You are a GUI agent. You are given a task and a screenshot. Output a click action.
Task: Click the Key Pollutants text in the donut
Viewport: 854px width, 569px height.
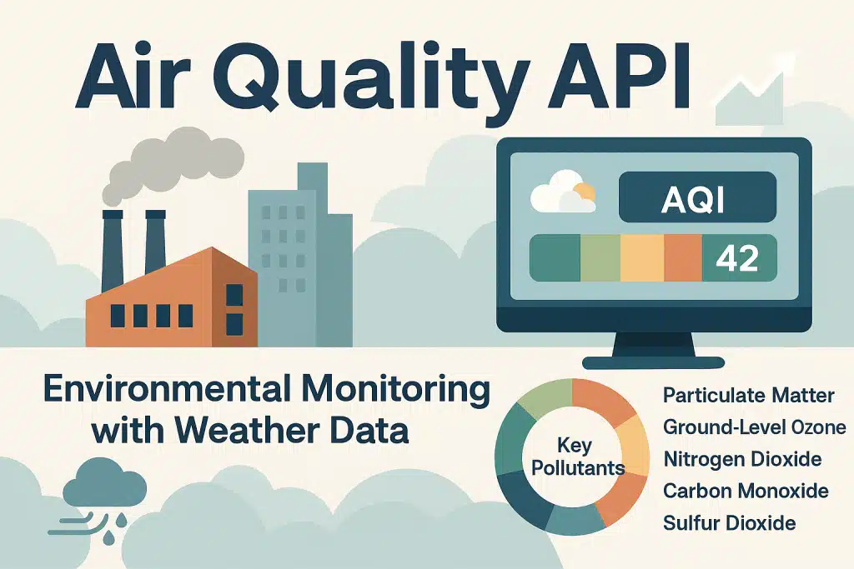578,458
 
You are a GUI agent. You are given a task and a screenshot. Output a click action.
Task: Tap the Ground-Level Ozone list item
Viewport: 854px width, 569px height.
754,427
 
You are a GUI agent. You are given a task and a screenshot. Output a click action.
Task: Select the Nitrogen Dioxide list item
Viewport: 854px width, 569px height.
742,459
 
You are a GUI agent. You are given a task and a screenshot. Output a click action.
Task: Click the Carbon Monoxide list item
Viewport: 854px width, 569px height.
746,491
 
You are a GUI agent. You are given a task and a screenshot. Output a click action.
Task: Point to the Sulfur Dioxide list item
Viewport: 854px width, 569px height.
729,523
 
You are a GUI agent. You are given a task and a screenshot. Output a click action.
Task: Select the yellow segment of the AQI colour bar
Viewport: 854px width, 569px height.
641,257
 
